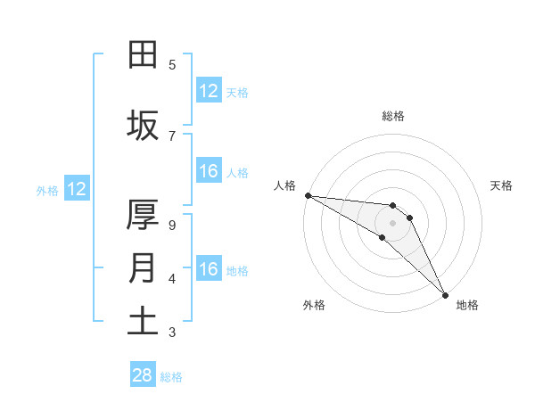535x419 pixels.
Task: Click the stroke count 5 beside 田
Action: pyautogui.click(x=172, y=65)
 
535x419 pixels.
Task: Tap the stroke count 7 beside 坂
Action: pyautogui.click(x=172, y=136)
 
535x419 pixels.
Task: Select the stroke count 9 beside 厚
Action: pyautogui.click(x=172, y=225)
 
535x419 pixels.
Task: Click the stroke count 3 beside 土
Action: pyautogui.click(x=172, y=333)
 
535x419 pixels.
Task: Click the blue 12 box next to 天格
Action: pyautogui.click(x=209, y=92)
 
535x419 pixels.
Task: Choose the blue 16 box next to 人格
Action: pyautogui.click(x=209, y=172)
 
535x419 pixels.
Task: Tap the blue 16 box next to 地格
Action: pyautogui.click(x=209, y=270)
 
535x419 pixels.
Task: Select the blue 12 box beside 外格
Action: pyautogui.click(x=76, y=189)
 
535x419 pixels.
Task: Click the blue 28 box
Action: pyautogui.click(x=143, y=375)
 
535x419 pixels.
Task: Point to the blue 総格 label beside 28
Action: pyautogui.click(x=171, y=377)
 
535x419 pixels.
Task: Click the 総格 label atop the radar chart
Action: pyautogui.click(x=393, y=116)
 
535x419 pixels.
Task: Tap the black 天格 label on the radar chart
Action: pyautogui.click(x=502, y=185)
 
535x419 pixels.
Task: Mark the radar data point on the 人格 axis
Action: pyautogui.click(x=308, y=195)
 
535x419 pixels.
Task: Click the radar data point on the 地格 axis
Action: pyautogui.click(x=444, y=294)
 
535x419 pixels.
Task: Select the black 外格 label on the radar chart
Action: pyautogui.click(x=314, y=305)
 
